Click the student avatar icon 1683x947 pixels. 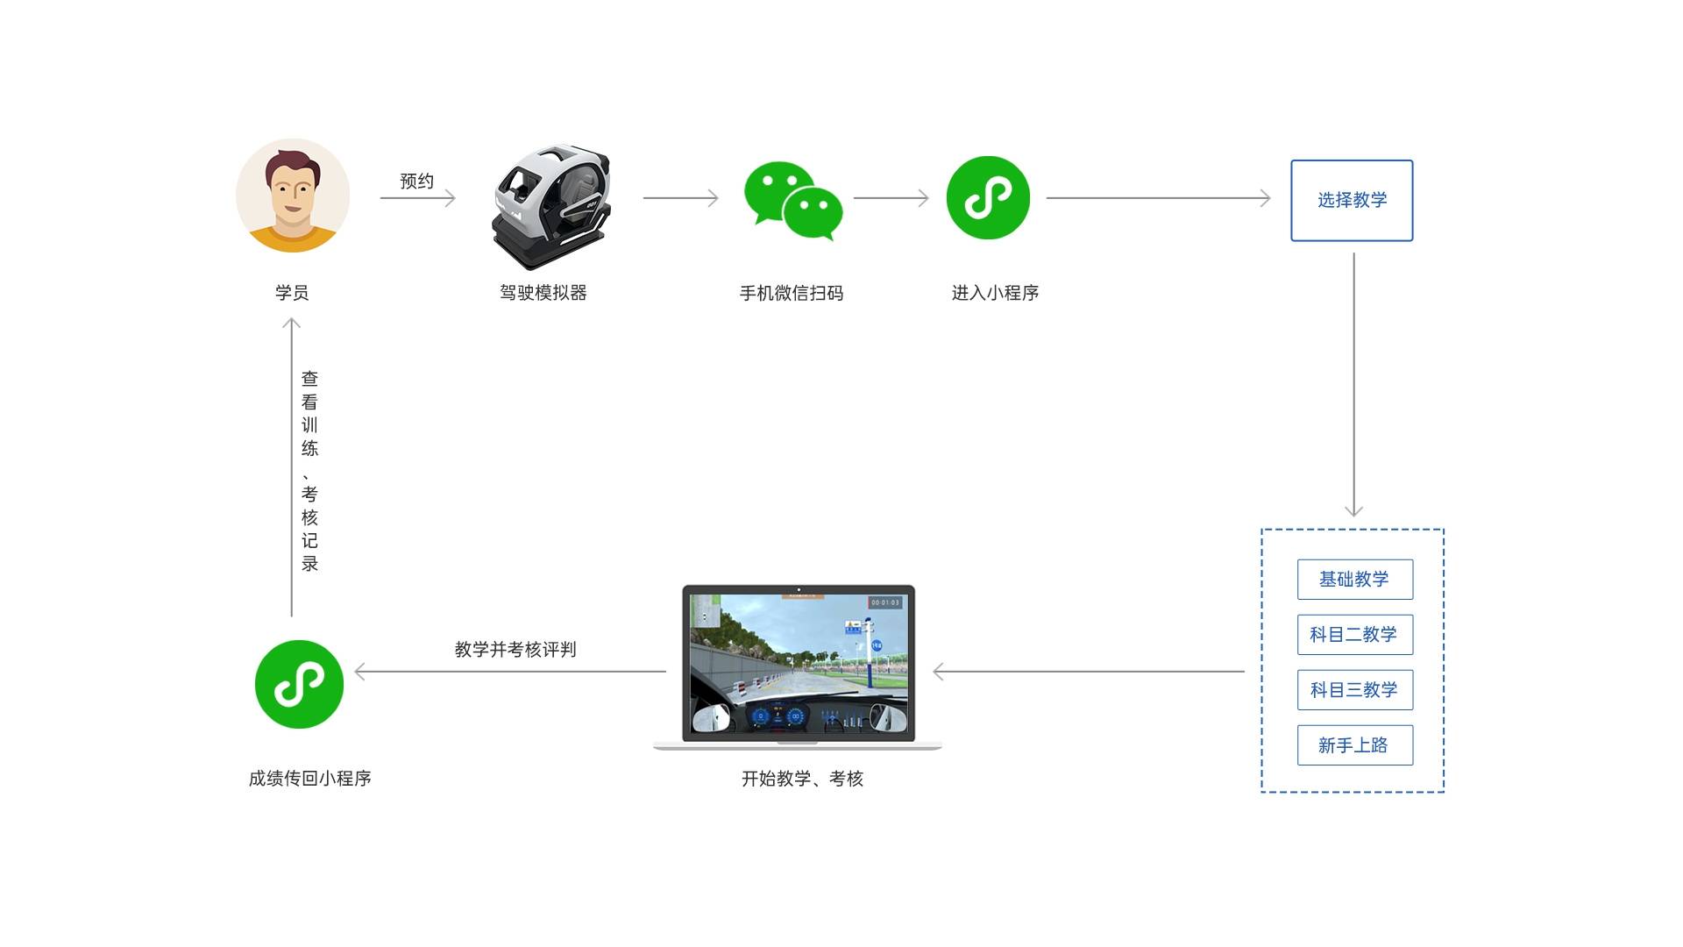pyautogui.click(x=293, y=196)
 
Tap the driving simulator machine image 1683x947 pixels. pyautogui.click(x=550, y=207)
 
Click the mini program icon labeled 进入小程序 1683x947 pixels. pyautogui.click(x=988, y=198)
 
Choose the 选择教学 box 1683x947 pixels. pyautogui.click(x=1352, y=200)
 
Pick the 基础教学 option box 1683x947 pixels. pyautogui.click(x=1354, y=580)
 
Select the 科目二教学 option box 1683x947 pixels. pyautogui.click(x=1354, y=635)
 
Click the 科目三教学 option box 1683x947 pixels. pyautogui.click(x=1354, y=690)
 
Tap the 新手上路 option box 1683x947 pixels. pyautogui.click(x=1354, y=745)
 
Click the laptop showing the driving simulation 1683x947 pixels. pyautogui.click(x=798, y=666)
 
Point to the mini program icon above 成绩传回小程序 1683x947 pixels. pyautogui.click(x=299, y=684)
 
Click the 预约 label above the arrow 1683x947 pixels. pyautogui.click(x=417, y=182)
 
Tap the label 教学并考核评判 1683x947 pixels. pyautogui.click(x=515, y=650)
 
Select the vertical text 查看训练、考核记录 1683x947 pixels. pyautogui.click(x=309, y=471)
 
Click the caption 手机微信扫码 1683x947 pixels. pyautogui.click(x=792, y=293)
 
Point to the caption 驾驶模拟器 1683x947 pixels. pyautogui.click(x=543, y=293)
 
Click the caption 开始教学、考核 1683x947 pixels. pyautogui.click(x=802, y=779)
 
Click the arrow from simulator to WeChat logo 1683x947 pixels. pyautogui.click(x=680, y=198)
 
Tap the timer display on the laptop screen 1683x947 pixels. pyautogui.click(x=885, y=602)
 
